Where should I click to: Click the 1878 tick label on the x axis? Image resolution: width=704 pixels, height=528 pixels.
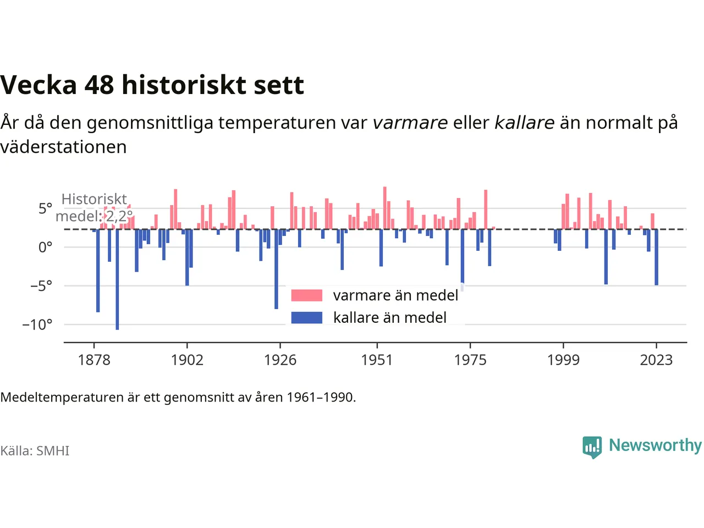pos(94,360)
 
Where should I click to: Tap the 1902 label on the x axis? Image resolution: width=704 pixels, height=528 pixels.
pos(187,360)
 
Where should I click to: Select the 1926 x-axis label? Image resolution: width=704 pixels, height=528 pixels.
pos(280,360)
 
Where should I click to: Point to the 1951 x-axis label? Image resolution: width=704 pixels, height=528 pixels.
pos(377,360)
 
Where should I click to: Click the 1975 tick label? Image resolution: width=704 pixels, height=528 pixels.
pos(470,360)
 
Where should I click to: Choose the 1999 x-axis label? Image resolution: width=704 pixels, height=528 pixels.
pos(563,360)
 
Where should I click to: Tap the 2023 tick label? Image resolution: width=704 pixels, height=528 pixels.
pos(656,360)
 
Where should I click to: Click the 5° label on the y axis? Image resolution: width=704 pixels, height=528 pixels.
pos(45,208)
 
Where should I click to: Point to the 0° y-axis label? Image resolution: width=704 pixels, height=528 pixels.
pos(45,248)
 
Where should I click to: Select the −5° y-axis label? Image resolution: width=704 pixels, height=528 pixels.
pos(41,285)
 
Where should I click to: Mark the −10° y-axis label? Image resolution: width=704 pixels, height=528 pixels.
pos(37,324)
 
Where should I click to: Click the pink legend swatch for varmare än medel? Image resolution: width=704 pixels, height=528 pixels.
pos(306,295)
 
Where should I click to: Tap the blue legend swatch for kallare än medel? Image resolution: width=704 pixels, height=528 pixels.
pos(306,318)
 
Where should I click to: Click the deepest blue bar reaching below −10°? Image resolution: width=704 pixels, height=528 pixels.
pos(117,279)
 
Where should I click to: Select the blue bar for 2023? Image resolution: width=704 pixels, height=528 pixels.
pos(656,257)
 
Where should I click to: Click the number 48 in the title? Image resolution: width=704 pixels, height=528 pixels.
pos(99,85)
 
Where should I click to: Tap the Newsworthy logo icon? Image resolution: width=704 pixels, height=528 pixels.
pos(592,447)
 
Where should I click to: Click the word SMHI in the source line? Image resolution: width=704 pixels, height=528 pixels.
pos(53,451)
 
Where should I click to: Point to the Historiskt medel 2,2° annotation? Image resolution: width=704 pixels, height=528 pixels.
pos(94,208)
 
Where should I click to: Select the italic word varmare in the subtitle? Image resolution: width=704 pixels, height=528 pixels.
pos(410,123)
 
